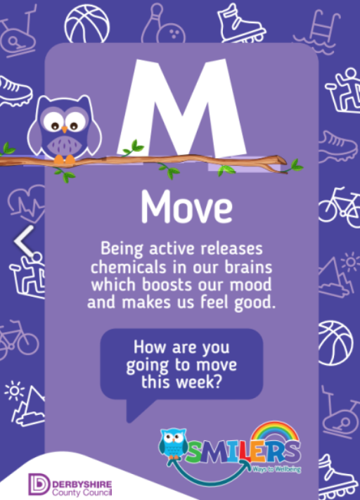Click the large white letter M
point(181,108)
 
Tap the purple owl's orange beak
point(65,129)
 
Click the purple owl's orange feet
point(65,160)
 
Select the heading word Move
point(187,207)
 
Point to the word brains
point(248,267)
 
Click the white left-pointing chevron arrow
point(24,241)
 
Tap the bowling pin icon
point(152,23)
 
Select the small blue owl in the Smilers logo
point(173,443)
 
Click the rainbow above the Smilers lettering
point(275,433)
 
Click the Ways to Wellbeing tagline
point(277,469)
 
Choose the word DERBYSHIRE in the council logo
point(82,485)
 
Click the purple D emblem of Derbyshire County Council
point(39,484)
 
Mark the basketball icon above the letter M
point(86,24)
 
